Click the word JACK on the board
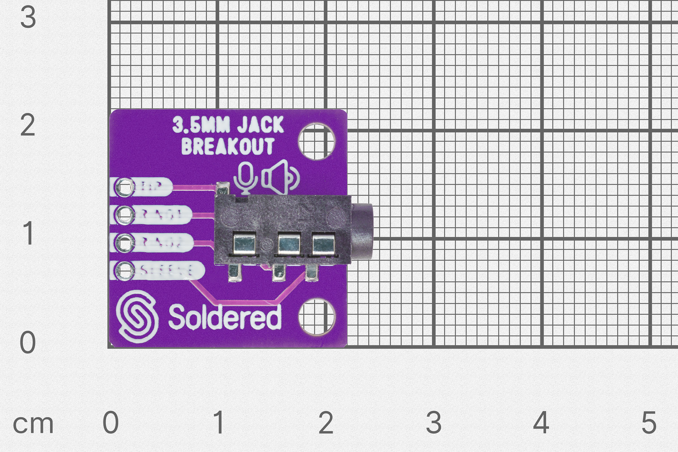point(260,125)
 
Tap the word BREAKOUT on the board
point(228,146)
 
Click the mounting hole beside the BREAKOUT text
point(316,142)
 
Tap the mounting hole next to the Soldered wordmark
point(316,316)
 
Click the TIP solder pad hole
point(125,188)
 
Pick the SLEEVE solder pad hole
point(125,270)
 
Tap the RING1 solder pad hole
point(125,215)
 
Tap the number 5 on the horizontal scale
point(649,423)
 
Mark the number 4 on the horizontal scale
point(541,423)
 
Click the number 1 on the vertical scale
point(28,233)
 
